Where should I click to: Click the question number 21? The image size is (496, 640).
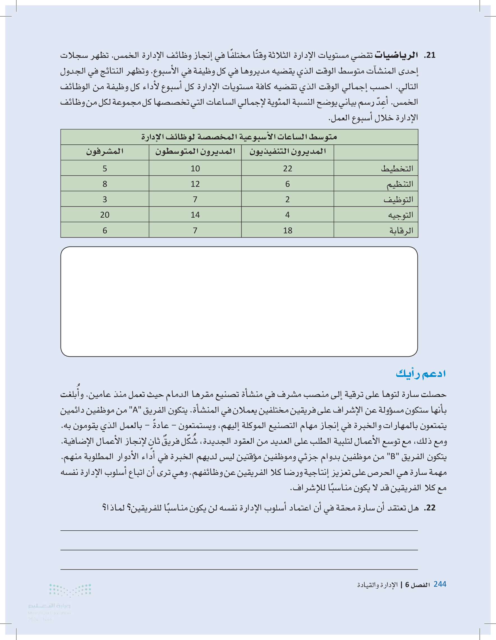coord(430,55)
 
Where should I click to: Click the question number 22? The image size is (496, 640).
coord(430,508)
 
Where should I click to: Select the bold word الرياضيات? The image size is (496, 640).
coord(397,55)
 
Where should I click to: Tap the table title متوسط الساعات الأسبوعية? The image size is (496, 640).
coord(239,137)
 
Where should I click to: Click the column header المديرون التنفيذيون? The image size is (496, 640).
coord(288,151)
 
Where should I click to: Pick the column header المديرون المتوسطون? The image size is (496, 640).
coord(195,151)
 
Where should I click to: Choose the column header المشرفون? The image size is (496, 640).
coord(105,151)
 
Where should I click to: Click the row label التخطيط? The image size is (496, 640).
coord(397,169)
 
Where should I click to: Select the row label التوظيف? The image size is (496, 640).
coord(398,200)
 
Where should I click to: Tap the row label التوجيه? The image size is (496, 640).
coord(400,215)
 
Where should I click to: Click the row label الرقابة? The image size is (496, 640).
coord(401,231)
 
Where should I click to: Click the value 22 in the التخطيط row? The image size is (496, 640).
coord(288,169)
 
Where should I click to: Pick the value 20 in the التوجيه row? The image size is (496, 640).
coord(105,215)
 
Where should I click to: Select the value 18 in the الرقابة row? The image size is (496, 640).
coord(288,231)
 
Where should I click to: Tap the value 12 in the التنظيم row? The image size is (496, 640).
coord(195,184)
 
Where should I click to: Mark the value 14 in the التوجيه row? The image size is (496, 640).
coord(195,215)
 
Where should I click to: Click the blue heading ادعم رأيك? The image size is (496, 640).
coord(421,374)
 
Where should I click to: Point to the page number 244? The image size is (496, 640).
coord(440,584)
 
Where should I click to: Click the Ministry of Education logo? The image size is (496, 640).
coord(59,601)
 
